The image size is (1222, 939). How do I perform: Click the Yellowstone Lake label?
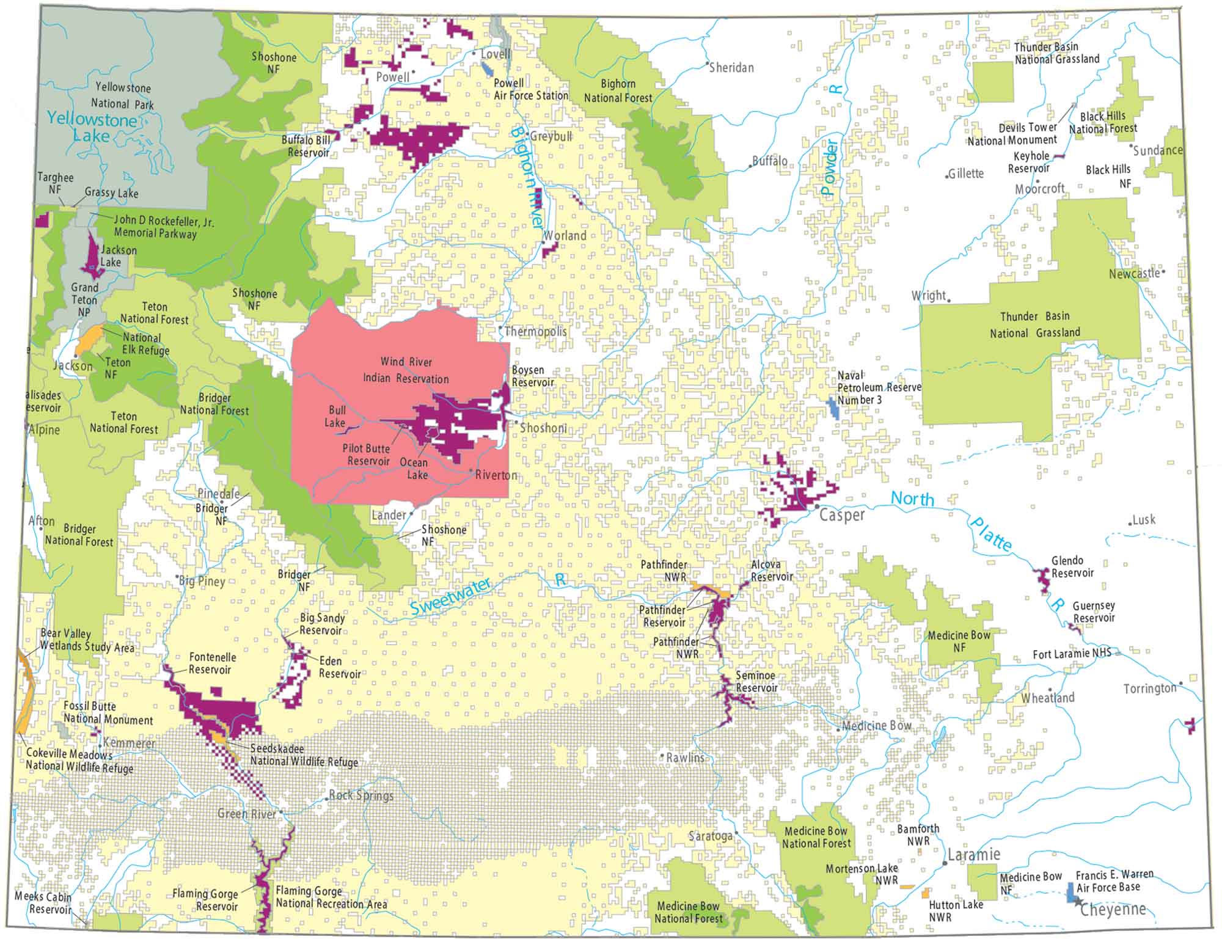(x=92, y=127)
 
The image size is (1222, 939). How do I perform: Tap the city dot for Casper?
(x=817, y=506)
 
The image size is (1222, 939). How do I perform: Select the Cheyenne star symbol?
(x=1077, y=902)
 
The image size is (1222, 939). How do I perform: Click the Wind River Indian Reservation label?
(x=406, y=370)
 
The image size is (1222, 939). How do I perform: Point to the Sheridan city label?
(x=731, y=68)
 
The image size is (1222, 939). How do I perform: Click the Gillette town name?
(x=966, y=174)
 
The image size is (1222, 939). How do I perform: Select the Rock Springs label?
(x=361, y=795)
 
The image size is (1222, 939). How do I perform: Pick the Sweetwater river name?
(x=450, y=596)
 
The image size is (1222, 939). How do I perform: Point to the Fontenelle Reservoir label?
(x=211, y=663)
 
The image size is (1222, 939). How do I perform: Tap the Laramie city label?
(x=974, y=854)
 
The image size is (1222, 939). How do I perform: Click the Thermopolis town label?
(x=535, y=332)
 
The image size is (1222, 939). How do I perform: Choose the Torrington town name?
(x=1150, y=689)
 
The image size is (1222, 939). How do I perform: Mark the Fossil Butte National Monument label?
(x=108, y=713)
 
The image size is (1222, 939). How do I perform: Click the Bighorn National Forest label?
(x=618, y=91)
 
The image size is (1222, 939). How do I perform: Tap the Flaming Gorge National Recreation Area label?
(x=331, y=897)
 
